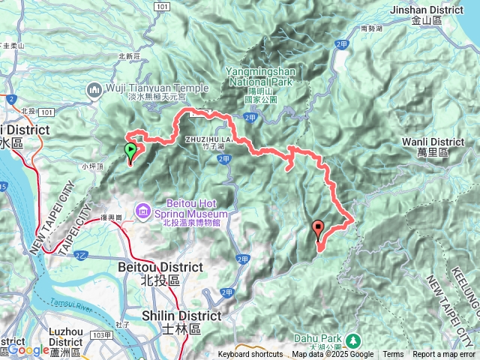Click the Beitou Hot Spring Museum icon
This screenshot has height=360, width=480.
(143, 212)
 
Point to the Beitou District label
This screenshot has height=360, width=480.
(160, 267)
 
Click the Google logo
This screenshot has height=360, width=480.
(28, 349)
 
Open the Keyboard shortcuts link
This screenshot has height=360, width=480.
(250, 354)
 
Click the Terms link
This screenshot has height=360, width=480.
(393, 354)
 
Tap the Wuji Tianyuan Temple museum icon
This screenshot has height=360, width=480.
(94, 91)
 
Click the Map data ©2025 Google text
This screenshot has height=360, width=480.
(332, 354)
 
